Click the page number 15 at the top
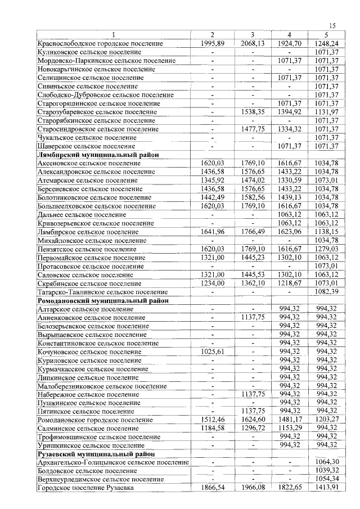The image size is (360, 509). [332, 25]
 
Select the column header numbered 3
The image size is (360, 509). [253, 35]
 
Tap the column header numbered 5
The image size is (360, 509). [326, 35]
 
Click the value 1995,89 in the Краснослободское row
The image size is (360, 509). [213, 43]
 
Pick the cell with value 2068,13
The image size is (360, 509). [253, 43]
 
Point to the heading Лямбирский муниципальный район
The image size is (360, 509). [97, 155]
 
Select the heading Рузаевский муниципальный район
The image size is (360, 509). [96, 453]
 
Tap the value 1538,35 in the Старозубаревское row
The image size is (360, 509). [253, 112]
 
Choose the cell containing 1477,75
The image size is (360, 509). [253, 129]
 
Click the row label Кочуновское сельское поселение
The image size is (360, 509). [89, 352]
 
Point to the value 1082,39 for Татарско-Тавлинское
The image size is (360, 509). [326, 292]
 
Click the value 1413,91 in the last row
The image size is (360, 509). [326, 488]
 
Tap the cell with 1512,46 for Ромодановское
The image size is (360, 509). [213, 419]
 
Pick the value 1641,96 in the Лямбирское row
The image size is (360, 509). [213, 232]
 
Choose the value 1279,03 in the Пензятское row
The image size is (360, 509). [326, 249]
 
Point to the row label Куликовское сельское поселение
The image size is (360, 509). [89, 52]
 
